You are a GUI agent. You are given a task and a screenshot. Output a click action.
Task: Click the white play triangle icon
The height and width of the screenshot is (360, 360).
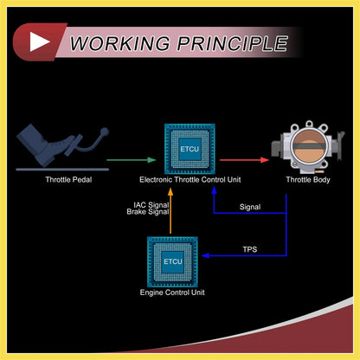[x=39, y=42]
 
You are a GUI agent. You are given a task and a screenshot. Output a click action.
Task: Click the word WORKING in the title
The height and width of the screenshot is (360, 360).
[x=119, y=43]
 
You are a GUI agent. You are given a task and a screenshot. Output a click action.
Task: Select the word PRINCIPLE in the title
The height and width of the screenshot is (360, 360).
[x=233, y=43]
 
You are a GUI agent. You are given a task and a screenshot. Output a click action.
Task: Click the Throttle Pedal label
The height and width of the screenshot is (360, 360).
[x=68, y=180]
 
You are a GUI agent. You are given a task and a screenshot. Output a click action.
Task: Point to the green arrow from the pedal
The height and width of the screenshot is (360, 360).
[x=132, y=160]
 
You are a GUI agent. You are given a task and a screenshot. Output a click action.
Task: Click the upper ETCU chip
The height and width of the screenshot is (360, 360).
[x=190, y=149]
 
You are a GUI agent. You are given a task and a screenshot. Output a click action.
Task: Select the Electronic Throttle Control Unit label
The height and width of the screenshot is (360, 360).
[x=190, y=180]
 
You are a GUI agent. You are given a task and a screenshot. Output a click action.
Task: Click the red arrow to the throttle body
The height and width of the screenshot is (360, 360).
[x=244, y=160]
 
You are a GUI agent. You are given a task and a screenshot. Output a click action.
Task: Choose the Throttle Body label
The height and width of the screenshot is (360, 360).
[x=308, y=180]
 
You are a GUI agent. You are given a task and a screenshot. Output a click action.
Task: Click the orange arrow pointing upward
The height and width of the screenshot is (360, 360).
[x=170, y=211]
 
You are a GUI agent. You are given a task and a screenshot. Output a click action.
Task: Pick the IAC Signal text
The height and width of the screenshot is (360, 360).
[x=151, y=205]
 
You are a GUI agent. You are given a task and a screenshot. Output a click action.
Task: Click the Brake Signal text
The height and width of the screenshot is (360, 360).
[x=148, y=212]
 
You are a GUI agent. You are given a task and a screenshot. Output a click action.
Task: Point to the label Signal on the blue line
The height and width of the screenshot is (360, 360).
[x=250, y=207]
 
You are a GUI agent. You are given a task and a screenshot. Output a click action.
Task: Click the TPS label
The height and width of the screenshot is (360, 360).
[x=250, y=249]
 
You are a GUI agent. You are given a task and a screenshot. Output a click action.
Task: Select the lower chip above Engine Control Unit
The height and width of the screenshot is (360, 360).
[x=172, y=261]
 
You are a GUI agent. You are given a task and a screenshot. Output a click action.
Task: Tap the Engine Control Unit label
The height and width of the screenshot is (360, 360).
[x=172, y=292]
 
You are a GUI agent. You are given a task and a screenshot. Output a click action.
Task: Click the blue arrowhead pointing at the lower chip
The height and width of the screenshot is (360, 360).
[x=205, y=255]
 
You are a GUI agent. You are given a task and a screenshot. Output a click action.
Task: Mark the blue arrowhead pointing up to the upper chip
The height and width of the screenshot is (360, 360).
[x=214, y=190]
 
